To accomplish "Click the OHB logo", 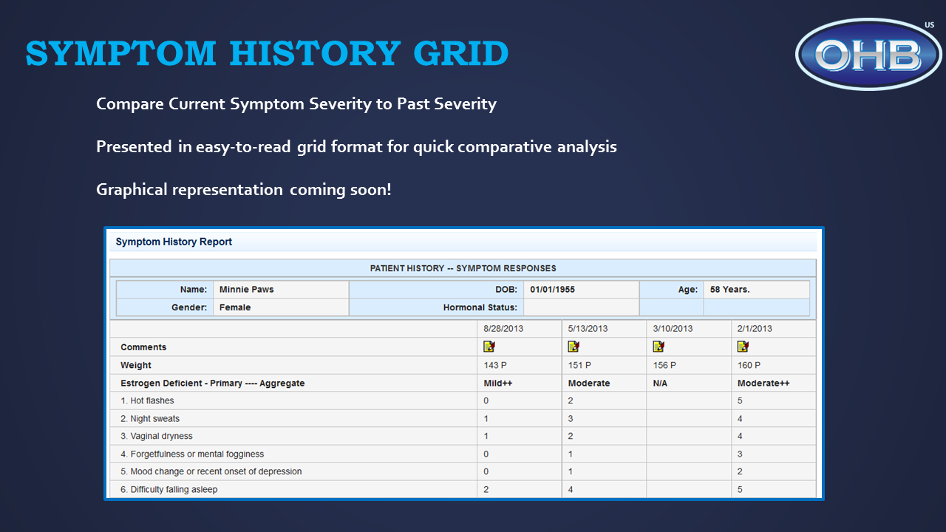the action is click(x=868, y=54).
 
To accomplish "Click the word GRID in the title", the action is click(x=460, y=54).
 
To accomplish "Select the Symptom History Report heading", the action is click(x=174, y=242).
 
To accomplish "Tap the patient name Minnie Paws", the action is click(x=246, y=289).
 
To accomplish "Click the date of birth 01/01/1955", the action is click(x=552, y=289).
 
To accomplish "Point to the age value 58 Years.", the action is click(x=729, y=289).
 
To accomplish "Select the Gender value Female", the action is click(x=235, y=307).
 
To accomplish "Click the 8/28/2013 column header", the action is click(x=503, y=329).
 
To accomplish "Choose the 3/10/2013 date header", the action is click(x=673, y=329).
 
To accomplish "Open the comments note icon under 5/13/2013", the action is click(x=574, y=347).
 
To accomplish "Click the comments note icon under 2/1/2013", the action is click(x=743, y=347).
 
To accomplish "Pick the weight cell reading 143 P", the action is click(x=495, y=365).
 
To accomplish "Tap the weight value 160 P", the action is click(x=749, y=365).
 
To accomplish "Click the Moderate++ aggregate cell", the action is click(x=763, y=383).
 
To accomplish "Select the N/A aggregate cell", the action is click(x=660, y=383).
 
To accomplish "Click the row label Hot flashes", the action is click(x=152, y=400).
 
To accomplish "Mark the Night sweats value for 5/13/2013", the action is click(x=571, y=418).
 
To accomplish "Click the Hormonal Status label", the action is click(x=480, y=307).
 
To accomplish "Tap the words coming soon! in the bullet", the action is click(x=341, y=190).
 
